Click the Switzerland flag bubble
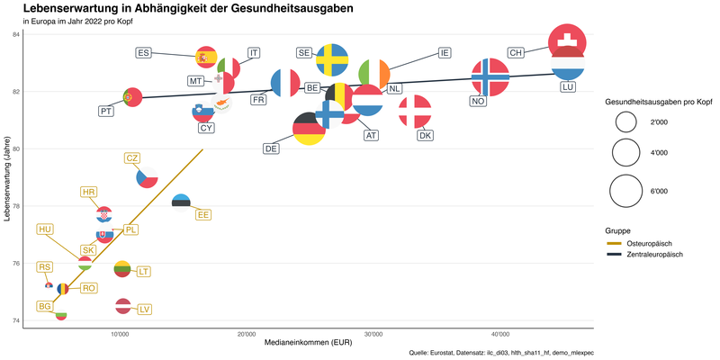568,42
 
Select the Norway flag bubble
490,78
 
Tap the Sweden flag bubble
333,59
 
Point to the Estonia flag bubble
181,201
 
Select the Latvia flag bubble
123,306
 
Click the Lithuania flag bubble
123,268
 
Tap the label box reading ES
144,53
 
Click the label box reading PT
106,112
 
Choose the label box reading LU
568,87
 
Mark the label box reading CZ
132,158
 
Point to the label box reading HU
45,229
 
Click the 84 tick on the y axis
15,34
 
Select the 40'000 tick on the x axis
500,334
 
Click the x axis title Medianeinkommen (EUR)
308,344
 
